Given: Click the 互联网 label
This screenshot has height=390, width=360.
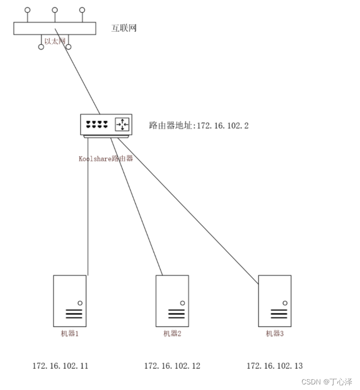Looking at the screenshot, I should (x=124, y=28).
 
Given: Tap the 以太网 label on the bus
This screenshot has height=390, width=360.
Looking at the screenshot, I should (x=55, y=41).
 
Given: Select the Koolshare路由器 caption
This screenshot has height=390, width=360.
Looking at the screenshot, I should (x=105, y=158).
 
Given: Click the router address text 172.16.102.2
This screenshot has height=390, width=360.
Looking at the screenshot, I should (x=199, y=125).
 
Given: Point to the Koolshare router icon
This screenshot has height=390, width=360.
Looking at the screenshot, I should (x=106, y=125).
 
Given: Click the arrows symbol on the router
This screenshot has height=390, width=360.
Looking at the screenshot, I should (x=122, y=124).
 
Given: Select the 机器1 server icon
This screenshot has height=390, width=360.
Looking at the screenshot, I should (x=70, y=301).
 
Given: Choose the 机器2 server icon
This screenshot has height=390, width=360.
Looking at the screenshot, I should (x=172, y=301).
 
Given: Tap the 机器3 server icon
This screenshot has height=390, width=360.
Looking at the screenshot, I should (x=275, y=301).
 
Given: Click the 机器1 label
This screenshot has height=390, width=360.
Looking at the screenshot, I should (x=70, y=334).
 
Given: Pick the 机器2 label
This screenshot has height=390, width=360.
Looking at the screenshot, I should (x=172, y=334).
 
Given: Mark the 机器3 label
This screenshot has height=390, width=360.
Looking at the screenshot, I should (x=275, y=334).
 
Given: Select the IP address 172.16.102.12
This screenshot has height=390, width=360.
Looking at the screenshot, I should (x=172, y=366).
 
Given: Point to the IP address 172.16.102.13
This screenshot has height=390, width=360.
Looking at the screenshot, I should (x=275, y=366).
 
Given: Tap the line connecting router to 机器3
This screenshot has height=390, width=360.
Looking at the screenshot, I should (x=188, y=208).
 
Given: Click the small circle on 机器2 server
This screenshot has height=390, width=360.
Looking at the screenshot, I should (x=183, y=303).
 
